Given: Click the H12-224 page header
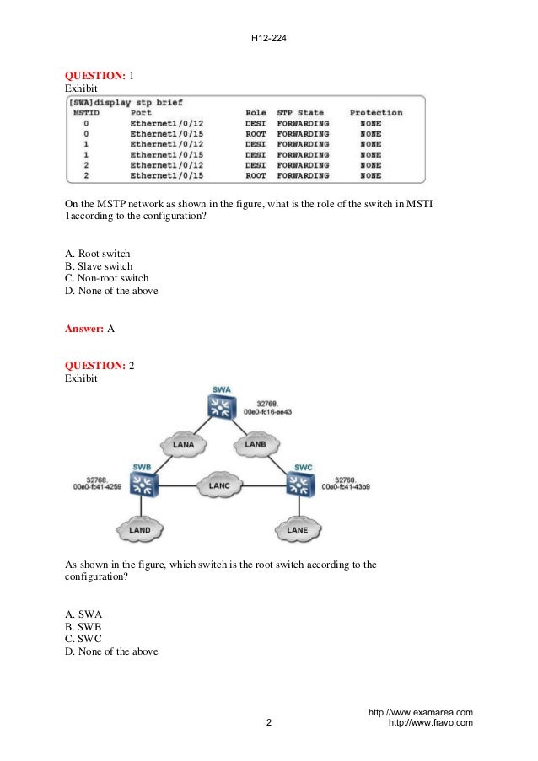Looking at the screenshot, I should click(x=268, y=36).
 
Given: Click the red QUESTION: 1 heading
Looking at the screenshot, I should click(x=96, y=76).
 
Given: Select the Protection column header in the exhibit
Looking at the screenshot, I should click(x=376, y=113).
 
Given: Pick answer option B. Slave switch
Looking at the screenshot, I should click(x=99, y=266).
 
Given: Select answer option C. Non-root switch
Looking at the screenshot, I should click(x=106, y=279).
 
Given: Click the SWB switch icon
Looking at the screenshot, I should click(x=145, y=483).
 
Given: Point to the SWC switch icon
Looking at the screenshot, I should click(x=298, y=483).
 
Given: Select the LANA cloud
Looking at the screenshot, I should click(x=184, y=444).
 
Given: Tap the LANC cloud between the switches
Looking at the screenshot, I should click(x=219, y=485).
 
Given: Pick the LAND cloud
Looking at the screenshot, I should click(x=140, y=530).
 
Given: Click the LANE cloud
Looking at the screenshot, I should click(x=298, y=530).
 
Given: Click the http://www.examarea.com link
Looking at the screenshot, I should click(x=421, y=713).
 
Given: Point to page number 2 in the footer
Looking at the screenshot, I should click(x=268, y=724).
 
